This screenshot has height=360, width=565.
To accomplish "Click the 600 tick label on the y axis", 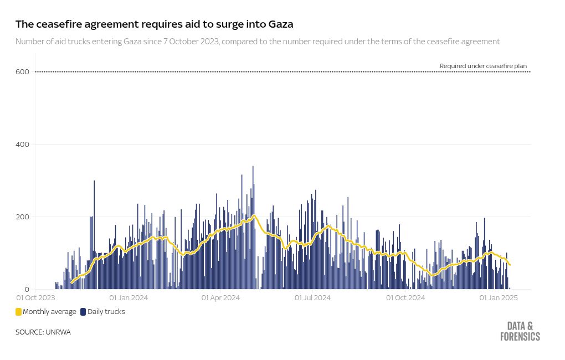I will tap(22, 71).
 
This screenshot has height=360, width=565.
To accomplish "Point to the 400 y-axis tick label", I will tap(22, 144).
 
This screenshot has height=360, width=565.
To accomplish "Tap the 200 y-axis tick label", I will tap(22, 217).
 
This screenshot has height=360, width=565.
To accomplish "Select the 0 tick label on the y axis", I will tap(26, 289).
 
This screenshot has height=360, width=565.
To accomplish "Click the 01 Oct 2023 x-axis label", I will tap(35, 298).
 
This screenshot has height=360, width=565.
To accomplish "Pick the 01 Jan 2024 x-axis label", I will tap(129, 298).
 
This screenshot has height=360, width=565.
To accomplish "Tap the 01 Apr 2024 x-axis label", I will tap(220, 298).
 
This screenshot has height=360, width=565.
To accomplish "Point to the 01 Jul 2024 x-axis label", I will tap(312, 298).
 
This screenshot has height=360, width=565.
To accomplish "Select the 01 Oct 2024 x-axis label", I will tap(405, 298).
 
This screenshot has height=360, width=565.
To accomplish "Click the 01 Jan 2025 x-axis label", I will tap(499, 298).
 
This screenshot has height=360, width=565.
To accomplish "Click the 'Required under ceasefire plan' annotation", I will tap(483, 66).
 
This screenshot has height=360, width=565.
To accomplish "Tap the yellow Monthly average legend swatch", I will tap(18, 312).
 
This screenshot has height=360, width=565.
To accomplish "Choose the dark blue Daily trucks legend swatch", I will tap(83, 312).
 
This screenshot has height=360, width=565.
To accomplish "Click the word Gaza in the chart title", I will tap(280, 24).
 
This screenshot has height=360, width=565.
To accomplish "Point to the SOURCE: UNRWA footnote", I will tap(43, 332).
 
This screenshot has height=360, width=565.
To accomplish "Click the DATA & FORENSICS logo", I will tap(520, 331).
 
